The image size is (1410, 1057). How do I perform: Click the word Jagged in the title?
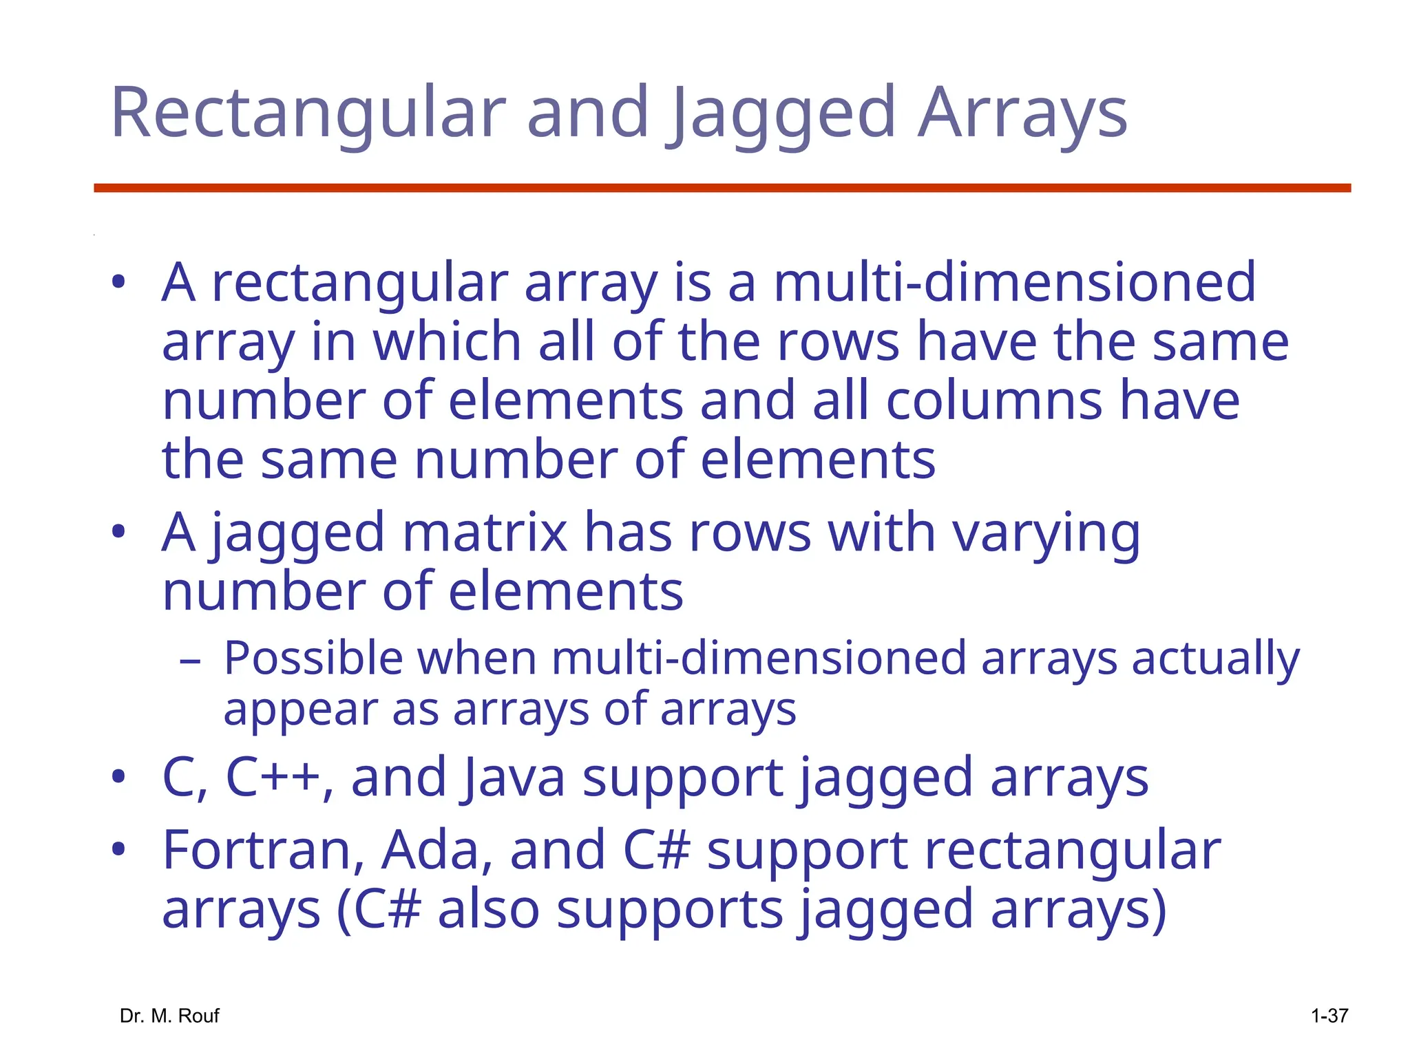click(x=783, y=114)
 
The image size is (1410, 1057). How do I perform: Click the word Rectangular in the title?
click(x=308, y=114)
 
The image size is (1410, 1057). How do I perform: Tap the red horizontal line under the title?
click(x=722, y=188)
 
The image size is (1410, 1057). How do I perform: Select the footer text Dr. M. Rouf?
click(x=169, y=1016)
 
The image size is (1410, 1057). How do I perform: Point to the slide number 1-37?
click(x=1329, y=1016)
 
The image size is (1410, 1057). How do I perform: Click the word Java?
click(x=514, y=778)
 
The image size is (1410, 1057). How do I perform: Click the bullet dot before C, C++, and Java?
click(x=118, y=777)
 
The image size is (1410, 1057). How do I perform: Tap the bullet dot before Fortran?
click(x=118, y=850)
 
